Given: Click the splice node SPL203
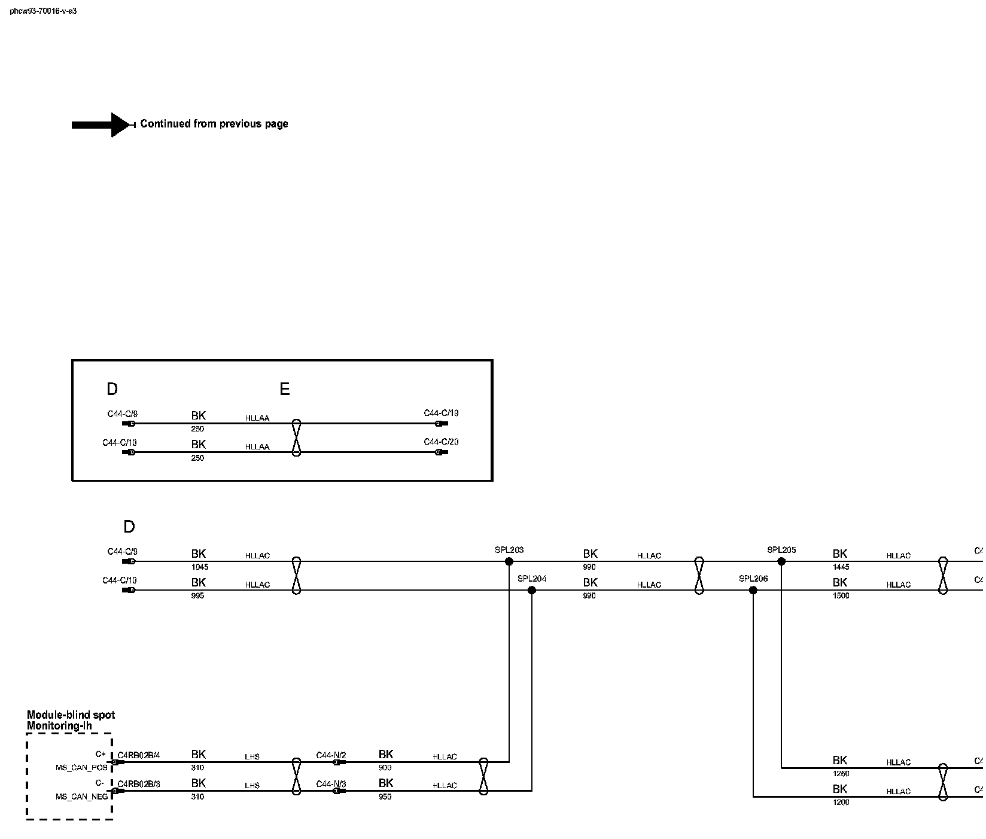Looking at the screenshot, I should [509, 561].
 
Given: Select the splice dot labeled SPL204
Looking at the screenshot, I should [532, 590].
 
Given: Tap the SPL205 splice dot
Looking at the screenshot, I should [781, 561].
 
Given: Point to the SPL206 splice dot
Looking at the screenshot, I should [753, 590].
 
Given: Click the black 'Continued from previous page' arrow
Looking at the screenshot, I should [102, 124].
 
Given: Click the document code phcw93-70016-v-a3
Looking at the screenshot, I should [43, 11].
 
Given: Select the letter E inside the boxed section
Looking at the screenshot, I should [285, 390].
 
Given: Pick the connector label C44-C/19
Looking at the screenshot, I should [441, 413].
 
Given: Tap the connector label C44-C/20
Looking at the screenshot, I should [441, 442].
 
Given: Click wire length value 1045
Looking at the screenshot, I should [199, 567].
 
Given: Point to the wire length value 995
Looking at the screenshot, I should [197, 595].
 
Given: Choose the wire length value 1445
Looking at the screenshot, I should [841, 567].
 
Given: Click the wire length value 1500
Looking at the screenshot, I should [841, 595].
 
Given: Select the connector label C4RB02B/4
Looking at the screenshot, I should [139, 755].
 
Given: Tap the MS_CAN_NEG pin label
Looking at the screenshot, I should [82, 797].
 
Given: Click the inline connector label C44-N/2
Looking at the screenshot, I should [331, 755].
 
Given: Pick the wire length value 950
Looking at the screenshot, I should [385, 797].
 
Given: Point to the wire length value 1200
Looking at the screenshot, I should [841, 802].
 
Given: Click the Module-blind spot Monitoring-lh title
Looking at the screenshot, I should [71, 720].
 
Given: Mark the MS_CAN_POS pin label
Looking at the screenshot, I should [82, 767].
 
